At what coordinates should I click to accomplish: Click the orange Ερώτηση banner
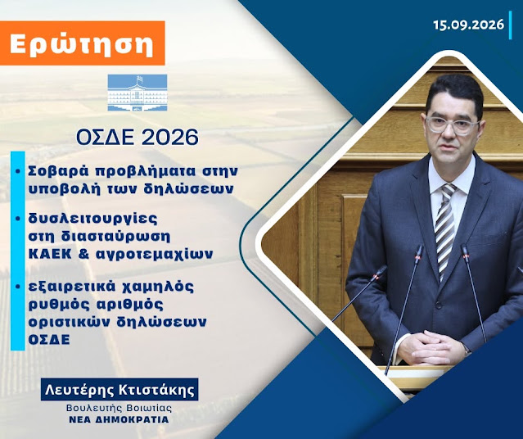(83, 43)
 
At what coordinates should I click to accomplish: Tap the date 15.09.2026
(469, 25)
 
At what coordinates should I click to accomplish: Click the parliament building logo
(138, 93)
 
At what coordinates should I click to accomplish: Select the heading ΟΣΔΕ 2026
(138, 137)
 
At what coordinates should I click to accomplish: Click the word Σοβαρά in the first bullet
(60, 171)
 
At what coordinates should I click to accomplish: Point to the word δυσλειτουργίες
(93, 219)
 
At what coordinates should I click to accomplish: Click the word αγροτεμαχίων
(155, 255)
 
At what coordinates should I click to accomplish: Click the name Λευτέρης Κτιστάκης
(119, 390)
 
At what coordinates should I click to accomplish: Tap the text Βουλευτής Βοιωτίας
(119, 408)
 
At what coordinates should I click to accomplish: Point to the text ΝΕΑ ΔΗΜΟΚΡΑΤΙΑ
(119, 419)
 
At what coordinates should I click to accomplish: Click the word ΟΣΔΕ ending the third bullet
(49, 340)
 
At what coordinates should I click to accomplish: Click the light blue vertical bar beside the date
(511, 25)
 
